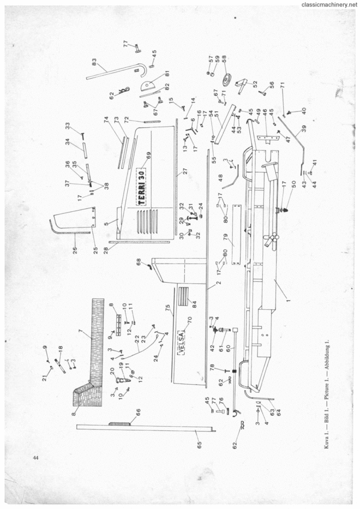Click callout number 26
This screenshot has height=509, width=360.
[75, 250]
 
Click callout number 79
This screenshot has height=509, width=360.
[226, 242]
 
